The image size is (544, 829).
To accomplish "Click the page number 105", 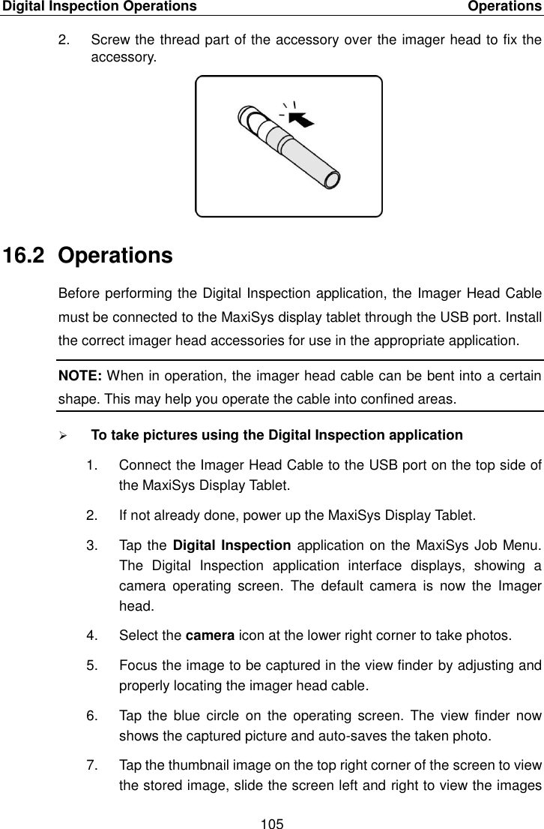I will tap(272, 819).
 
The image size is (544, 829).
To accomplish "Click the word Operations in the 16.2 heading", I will tap(115, 256).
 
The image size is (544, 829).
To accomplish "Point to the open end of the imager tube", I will tap(331, 180).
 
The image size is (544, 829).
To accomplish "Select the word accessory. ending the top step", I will tap(124, 55).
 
